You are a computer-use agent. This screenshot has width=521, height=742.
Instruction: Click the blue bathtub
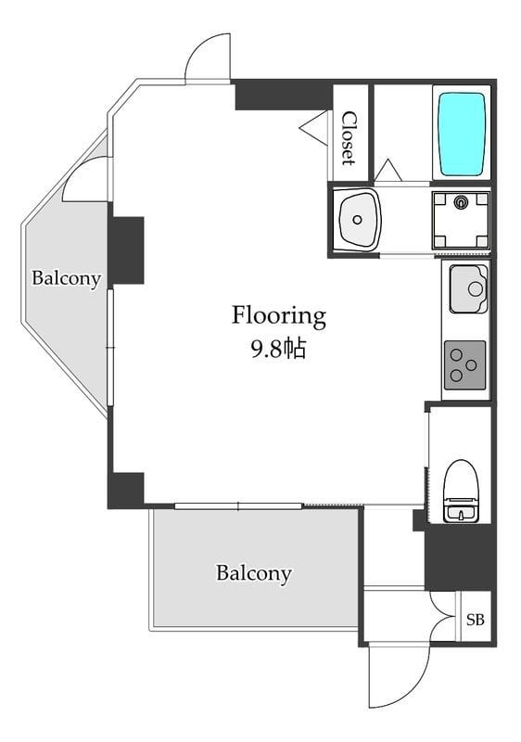pyautogui.click(x=463, y=134)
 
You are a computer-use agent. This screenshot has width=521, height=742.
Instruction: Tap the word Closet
pyautogui.click(x=349, y=137)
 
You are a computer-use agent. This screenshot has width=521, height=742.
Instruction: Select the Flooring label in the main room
pyautogui.click(x=278, y=315)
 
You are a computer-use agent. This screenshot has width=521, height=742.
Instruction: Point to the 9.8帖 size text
pyautogui.click(x=278, y=350)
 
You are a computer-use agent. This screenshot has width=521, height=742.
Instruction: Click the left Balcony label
pyautogui.click(x=66, y=278)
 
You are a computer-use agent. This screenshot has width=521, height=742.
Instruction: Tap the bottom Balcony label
pyautogui.click(x=253, y=573)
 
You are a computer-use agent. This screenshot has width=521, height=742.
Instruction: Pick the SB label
pyautogui.click(x=476, y=620)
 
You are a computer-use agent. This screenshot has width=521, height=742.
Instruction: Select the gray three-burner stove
pyautogui.click(x=464, y=365)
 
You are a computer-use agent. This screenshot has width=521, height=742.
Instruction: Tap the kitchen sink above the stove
pyautogui.click(x=468, y=288)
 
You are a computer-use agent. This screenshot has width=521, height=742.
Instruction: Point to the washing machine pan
pyautogui.click(x=461, y=221)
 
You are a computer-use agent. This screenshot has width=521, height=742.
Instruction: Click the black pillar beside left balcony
pyautogui.click(x=126, y=250)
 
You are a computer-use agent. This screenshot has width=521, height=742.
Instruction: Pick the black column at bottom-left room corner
pyautogui.click(x=126, y=491)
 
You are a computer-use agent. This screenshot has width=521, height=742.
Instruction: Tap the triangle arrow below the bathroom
pyautogui.click(x=388, y=171)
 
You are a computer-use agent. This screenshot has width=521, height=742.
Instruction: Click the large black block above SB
pyautogui.click(x=460, y=556)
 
